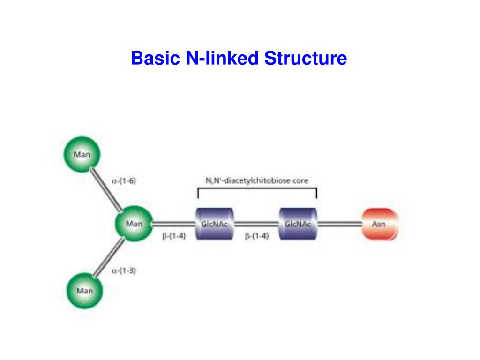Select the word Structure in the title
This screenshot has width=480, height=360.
[x=305, y=59]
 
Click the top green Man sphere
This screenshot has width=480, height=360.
[x=82, y=154]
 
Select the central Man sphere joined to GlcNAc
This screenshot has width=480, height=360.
[x=134, y=224]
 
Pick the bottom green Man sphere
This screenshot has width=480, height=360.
[x=85, y=291]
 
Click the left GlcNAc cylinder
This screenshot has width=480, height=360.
[x=214, y=224]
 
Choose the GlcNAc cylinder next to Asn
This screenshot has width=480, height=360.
[x=298, y=224]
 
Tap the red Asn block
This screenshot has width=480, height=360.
[x=379, y=224]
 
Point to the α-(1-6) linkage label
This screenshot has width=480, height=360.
[x=124, y=180]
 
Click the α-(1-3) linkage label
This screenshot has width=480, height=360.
[x=124, y=270]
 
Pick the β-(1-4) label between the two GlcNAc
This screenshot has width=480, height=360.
[x=256, y=237]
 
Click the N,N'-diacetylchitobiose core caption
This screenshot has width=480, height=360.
[x=257, y=180]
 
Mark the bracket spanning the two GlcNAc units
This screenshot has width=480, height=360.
[x=257, y=188]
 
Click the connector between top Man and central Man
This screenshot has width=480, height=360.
[x=108, y=189]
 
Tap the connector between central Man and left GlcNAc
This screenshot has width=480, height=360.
[x=174, y=224]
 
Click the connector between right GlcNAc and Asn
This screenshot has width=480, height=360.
[x=339, y=224]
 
